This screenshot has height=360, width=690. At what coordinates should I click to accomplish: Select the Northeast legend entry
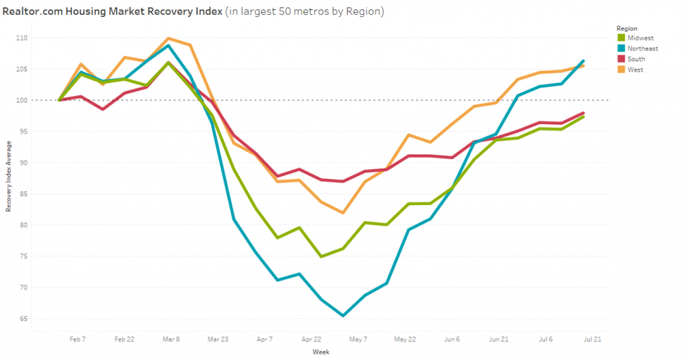[x=642, y=49]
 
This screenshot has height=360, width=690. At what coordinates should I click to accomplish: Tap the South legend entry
[x=636, y=59]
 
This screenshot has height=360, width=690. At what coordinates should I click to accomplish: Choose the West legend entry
[x=635, y=70]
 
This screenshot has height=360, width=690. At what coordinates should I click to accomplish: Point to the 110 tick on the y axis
[x=40, y=37]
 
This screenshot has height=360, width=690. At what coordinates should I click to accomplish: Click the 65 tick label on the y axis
[x=42, y=318]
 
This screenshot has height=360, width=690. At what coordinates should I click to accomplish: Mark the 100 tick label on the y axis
[x=40, y=100]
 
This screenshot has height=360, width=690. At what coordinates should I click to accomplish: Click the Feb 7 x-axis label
[x=77, y=339]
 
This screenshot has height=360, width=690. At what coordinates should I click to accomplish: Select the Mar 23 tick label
[x=218, y=339]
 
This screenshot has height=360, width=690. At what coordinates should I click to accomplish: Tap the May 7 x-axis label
[x=358, y=339]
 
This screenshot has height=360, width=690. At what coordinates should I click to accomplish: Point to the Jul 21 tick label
[x=592, y=339]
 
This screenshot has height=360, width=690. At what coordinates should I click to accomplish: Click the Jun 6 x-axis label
[x=451, y=339]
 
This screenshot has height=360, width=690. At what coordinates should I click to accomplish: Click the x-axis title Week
[x=322, y=352]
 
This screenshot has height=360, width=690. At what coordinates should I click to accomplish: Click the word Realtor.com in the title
[x=30, y=12]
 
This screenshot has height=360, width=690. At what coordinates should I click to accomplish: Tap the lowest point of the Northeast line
[x=343, y=316]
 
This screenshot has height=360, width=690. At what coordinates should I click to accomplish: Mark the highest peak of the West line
[x=169, y=39]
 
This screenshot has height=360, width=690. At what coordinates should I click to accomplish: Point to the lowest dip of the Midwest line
[x=321, y=256]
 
